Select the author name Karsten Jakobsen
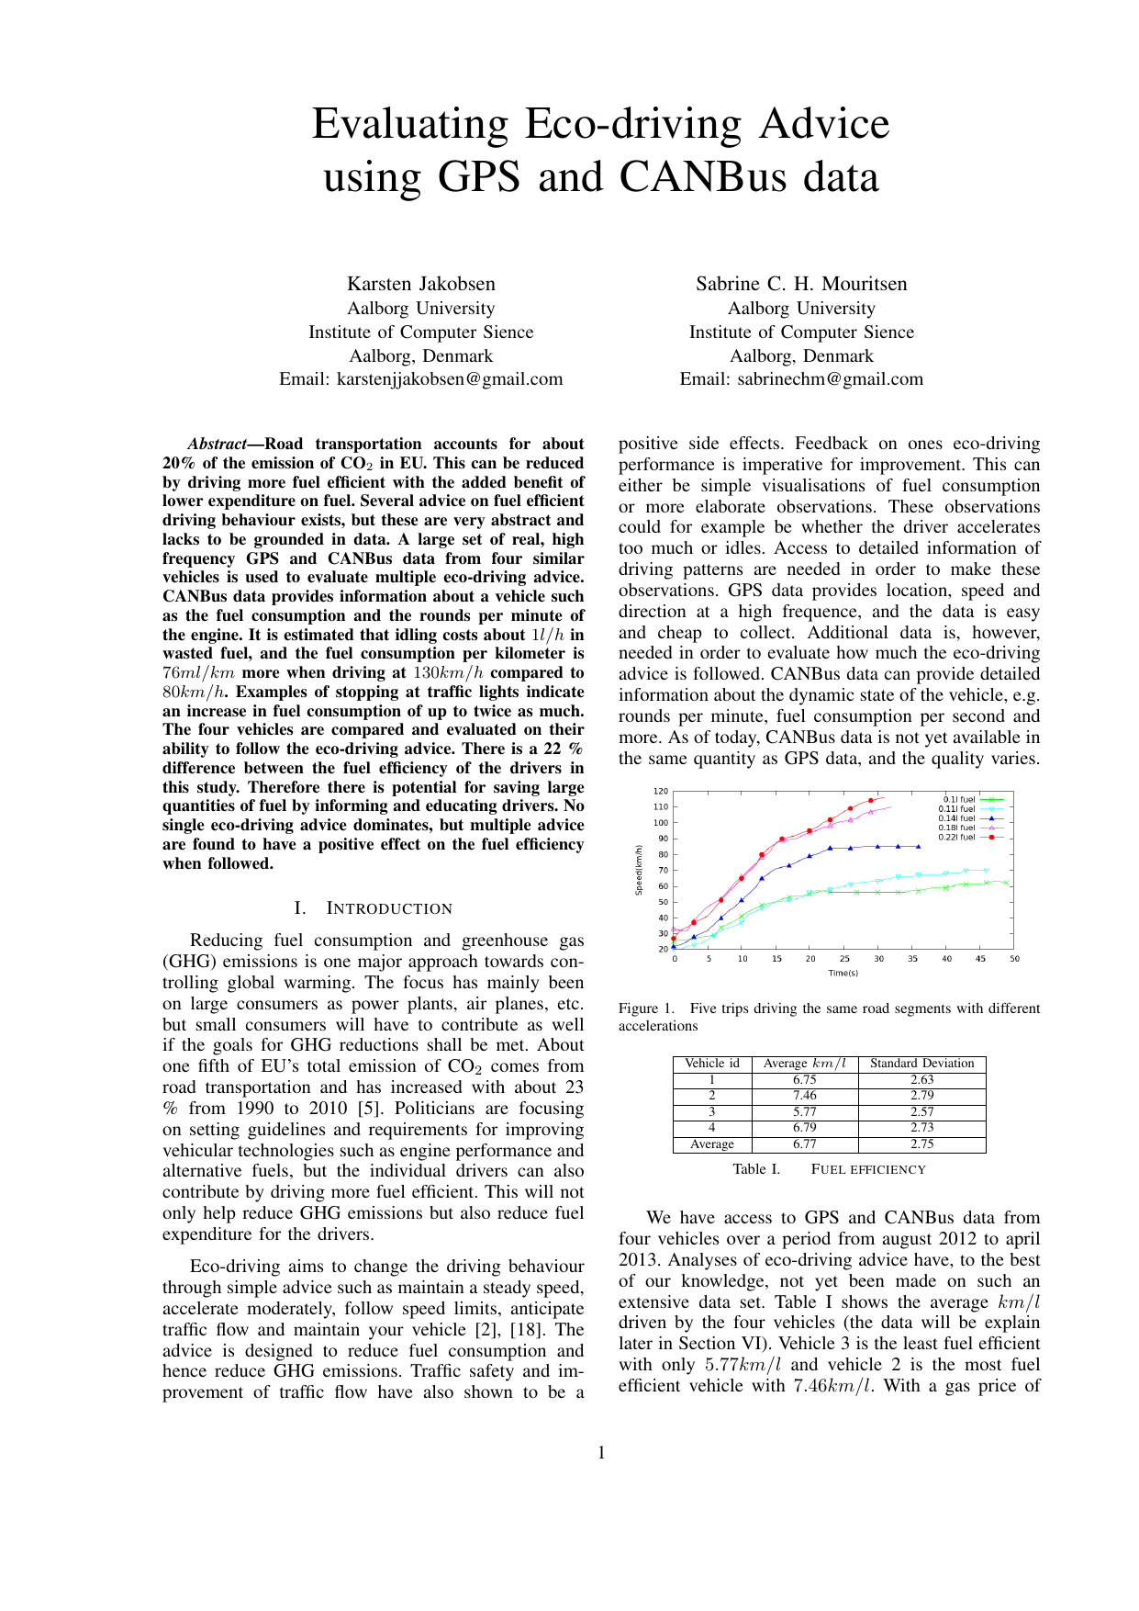point(420,284)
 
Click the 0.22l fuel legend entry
point(956,837)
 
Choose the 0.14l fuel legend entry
point(956,818)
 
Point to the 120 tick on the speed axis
point(661,791)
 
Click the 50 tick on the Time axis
point(1014,959)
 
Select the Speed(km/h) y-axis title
point(639,870)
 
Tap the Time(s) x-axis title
point(843,973)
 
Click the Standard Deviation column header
point(921,1064)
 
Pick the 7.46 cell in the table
point(804,1096)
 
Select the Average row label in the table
point(712,1144)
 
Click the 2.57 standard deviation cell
point(921,1112)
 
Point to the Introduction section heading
point(374,908)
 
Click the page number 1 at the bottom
point(601,1452)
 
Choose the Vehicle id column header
point(712,1064)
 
